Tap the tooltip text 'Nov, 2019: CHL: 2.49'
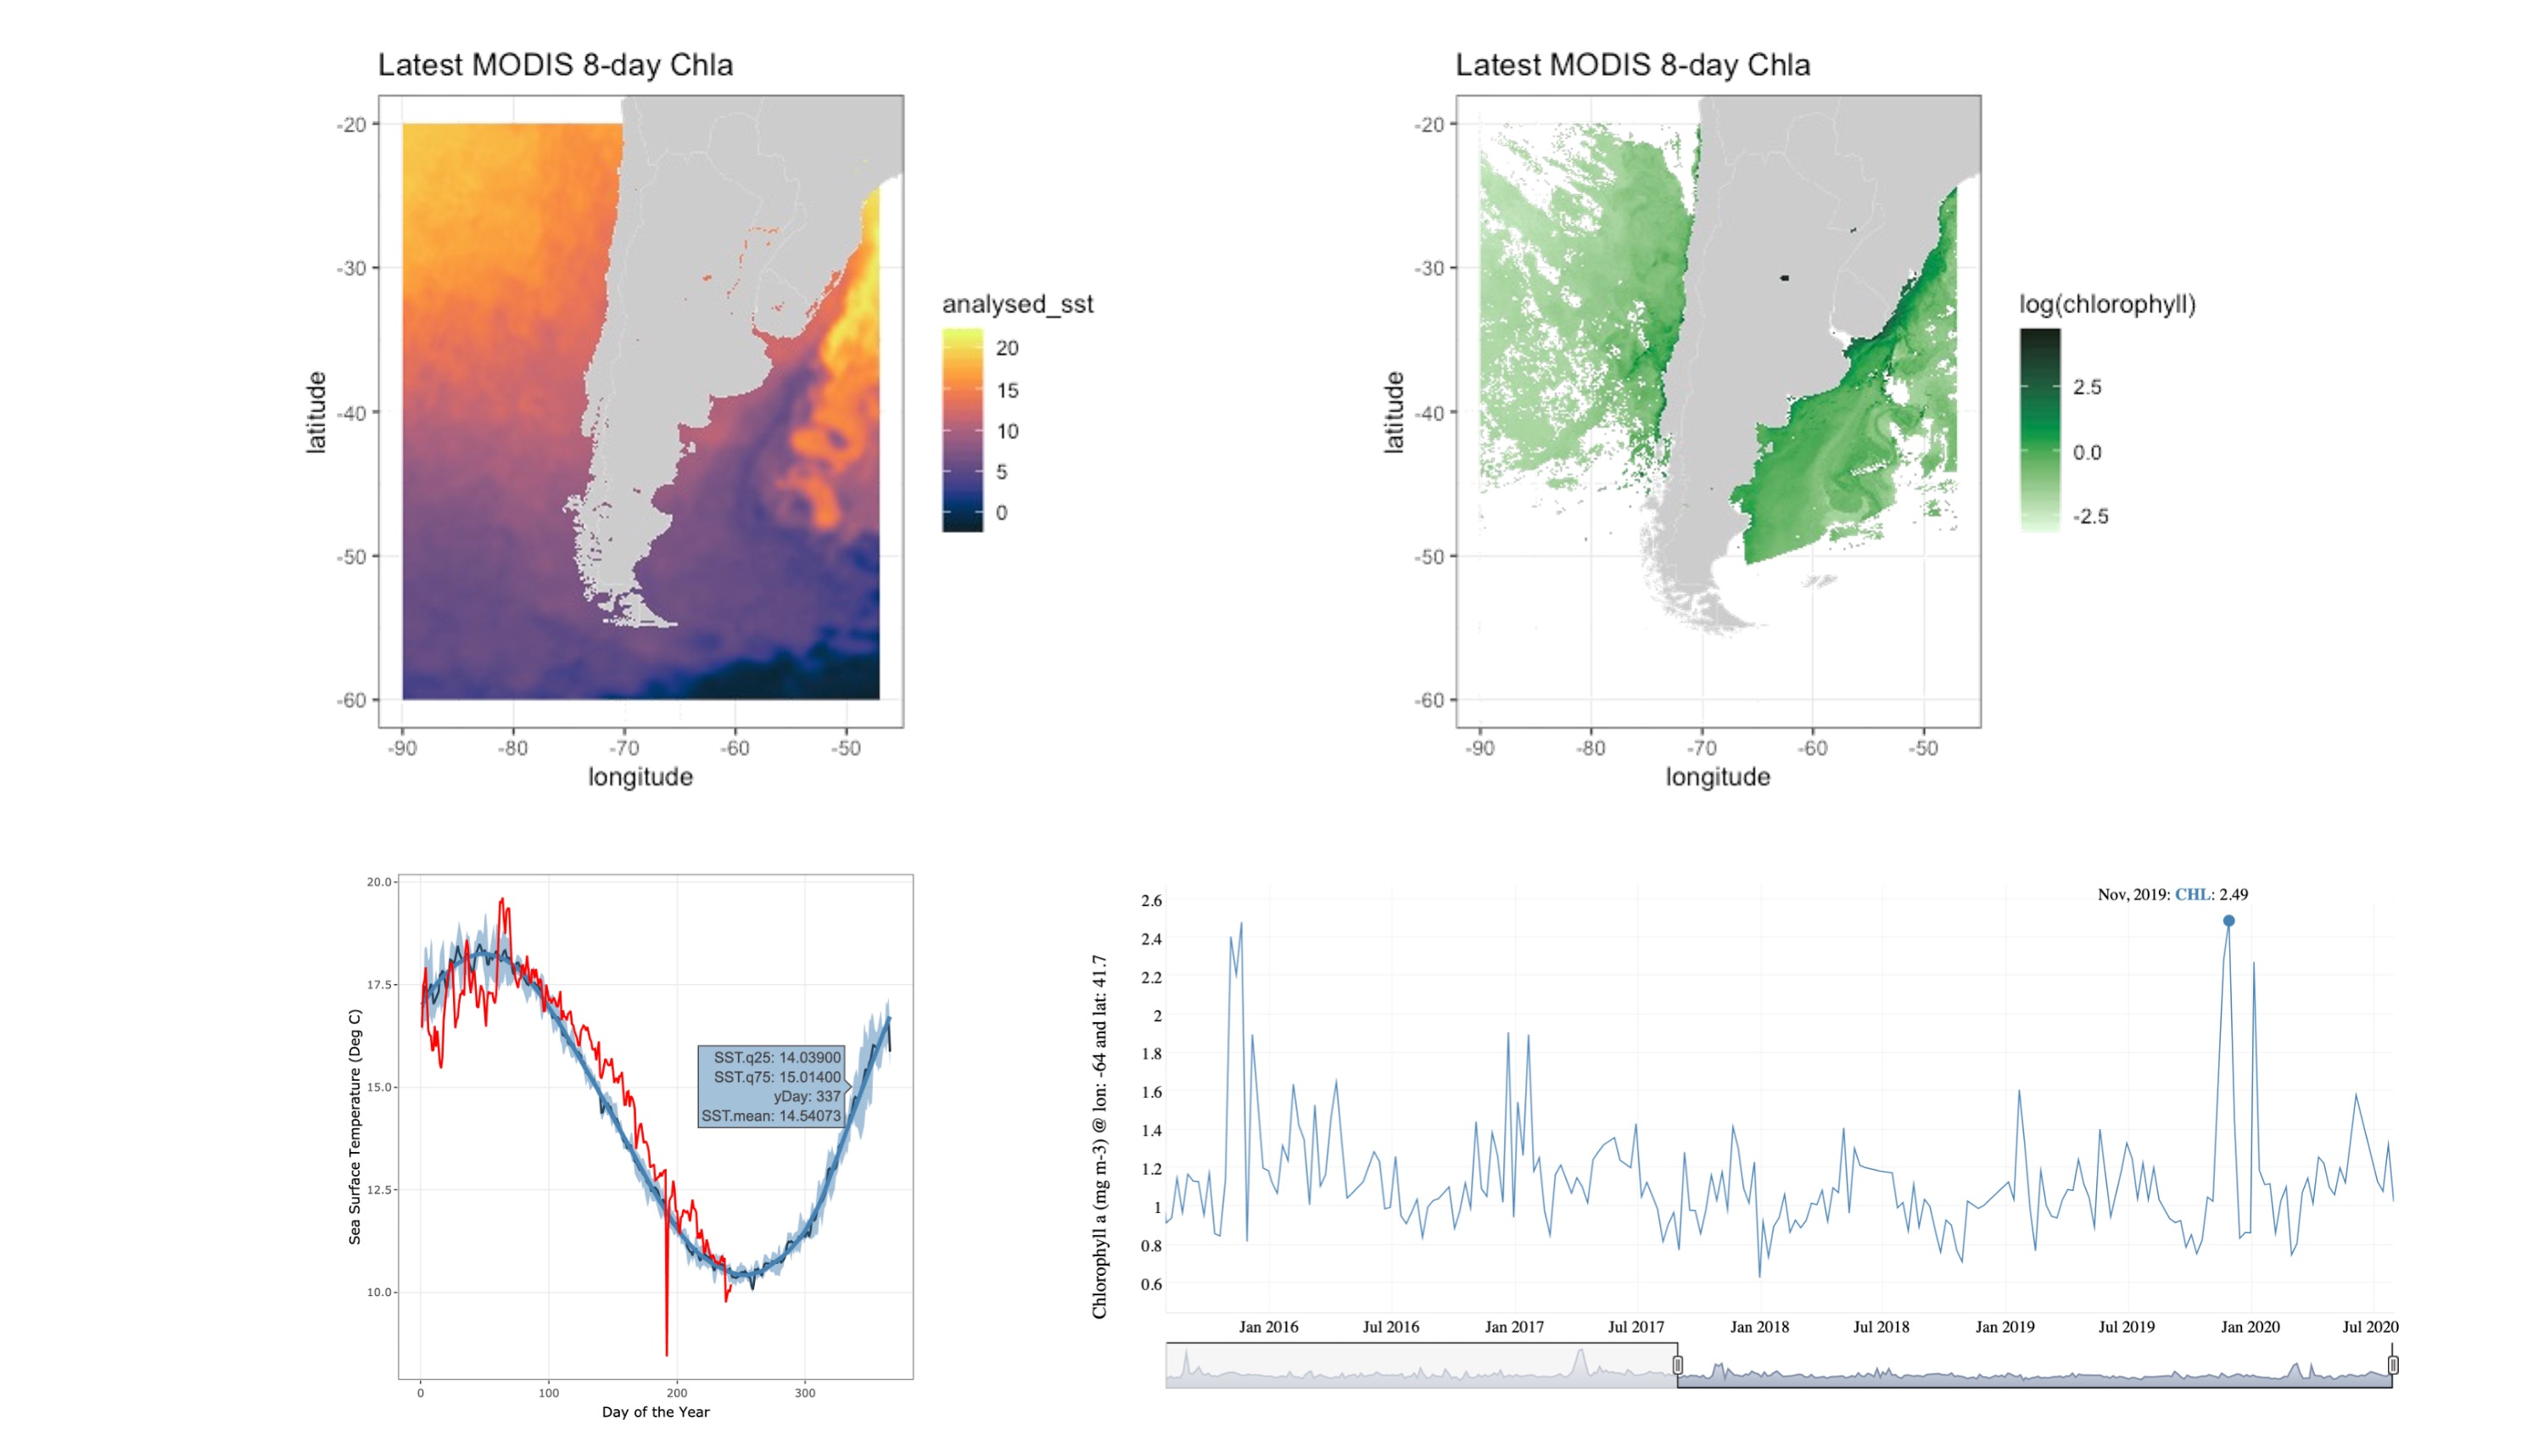point(2172,895)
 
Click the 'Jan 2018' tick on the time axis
point(1758,1327)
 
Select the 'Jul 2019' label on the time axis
point(2127,1327)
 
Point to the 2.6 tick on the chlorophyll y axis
point(1151,901)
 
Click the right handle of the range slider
point(2393,1365)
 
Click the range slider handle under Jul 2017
point(1678,1365)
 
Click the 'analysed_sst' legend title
point(1017,305)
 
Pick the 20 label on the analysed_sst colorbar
point(1007,348)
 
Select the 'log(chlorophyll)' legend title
point(2107,305)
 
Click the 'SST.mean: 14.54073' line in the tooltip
point(770,1116)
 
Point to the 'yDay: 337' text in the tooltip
point(806,1096)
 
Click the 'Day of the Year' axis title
point(656,1412)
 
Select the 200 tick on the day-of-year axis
point(676,1394)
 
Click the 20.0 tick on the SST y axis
point(379,882)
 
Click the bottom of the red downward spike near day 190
point(667,1354)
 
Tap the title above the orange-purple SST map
point(555,65)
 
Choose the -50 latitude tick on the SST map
point(353,557)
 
